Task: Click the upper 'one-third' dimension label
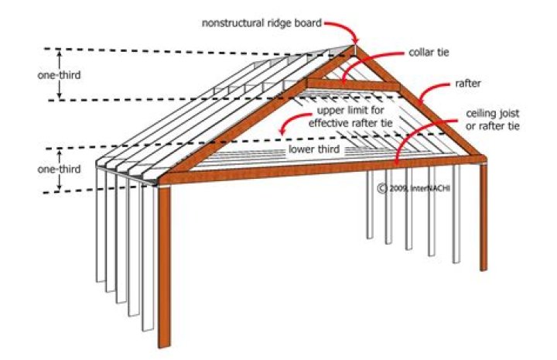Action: click(58, 75)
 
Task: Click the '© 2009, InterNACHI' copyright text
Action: click(406, 187)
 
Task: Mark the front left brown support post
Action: click(164, 263)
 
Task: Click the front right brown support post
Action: click(480, 217)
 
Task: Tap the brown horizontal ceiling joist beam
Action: click(309, 169)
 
